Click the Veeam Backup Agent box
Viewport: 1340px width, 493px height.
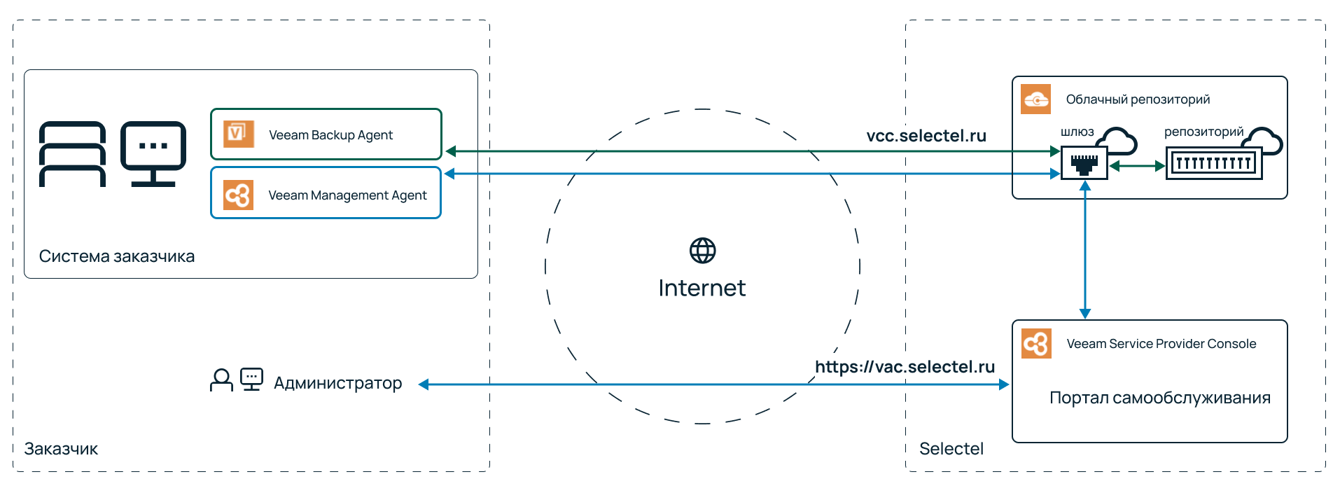point(326,134)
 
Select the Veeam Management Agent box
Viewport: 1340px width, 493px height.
point(326,194)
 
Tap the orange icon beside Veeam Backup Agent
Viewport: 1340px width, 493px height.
point(238,134)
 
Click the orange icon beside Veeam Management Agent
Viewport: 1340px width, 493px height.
point(238,195)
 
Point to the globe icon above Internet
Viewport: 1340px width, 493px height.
point(702,251)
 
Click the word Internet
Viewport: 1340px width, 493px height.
point(702,288)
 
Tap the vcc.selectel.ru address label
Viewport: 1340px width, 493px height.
point(926,136)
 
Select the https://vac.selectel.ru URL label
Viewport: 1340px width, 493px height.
point(905,367)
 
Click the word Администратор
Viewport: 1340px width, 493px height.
point(337,383)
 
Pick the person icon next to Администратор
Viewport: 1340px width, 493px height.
point(221,380)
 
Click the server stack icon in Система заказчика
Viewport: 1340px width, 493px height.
point(72,154)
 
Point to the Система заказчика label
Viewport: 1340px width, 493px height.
point(117,256)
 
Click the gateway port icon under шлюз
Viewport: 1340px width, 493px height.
point(1084,164)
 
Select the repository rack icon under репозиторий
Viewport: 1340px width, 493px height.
point(1213,164)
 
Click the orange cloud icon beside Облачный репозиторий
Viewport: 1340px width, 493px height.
point(1035,99)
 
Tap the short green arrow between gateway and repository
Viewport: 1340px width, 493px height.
point(1137,166)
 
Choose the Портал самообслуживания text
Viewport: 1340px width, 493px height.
point(1159,398)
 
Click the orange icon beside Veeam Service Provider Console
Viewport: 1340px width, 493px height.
point(1035,343)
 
